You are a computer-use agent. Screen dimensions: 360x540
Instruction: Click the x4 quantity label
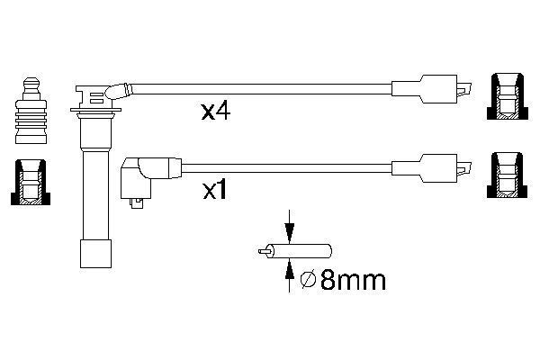click(x=217, y=112)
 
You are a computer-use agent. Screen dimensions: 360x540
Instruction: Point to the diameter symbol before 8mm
click(x=307, y=282)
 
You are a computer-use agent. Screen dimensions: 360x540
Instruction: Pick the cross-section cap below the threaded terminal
click(x=30, y=183)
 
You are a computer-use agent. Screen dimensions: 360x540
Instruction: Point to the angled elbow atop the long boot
click(x=117, y=90)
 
